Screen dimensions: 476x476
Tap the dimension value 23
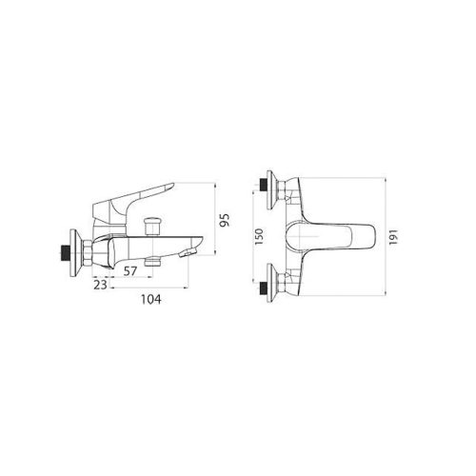[x=100, y=284]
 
